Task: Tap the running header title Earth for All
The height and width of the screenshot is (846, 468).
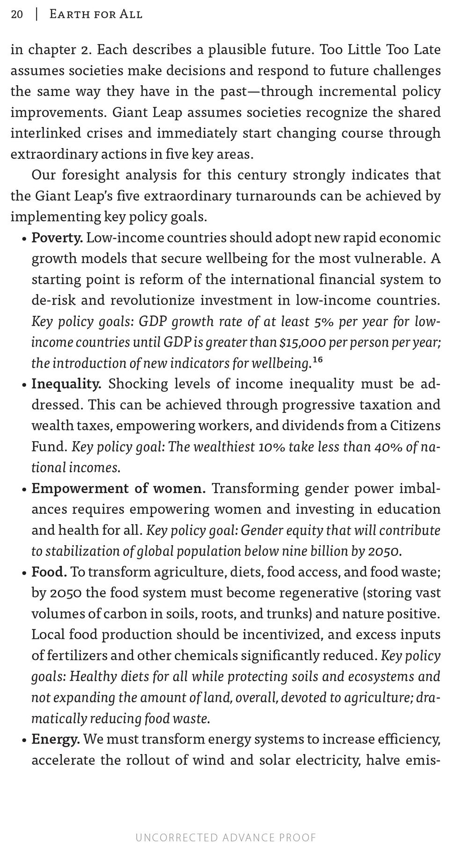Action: (95, 15)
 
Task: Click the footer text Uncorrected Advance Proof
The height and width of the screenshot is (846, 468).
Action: (226, 837)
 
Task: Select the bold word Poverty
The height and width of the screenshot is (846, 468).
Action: (57, 238)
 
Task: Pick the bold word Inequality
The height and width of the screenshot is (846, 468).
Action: (66, 384)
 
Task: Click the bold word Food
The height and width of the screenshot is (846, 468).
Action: (49, 572)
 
